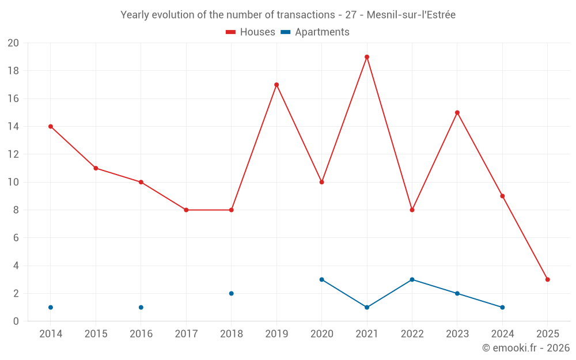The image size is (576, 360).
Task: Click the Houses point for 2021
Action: pos(367,57)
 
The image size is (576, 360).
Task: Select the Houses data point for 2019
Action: pos(276,85)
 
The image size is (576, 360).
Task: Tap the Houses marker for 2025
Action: pos(548,279)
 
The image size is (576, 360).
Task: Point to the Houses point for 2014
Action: pos(51,127)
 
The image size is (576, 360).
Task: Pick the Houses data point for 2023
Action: pos(457,113)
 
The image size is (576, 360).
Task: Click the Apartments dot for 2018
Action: pos(232,293)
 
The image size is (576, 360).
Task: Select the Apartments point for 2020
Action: pos(322,279)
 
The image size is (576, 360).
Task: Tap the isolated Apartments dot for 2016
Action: pos(141,307)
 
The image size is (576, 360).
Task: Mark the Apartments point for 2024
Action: pos(502,307)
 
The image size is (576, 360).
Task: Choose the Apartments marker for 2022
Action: pos(412,279)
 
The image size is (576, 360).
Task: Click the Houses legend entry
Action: pos(251,32)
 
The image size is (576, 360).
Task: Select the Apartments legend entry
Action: pos(315,32)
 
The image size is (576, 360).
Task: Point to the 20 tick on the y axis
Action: pos(13,43)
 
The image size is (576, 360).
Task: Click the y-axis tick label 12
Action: pos(13,154)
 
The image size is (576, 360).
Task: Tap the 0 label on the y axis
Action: pos(16,321)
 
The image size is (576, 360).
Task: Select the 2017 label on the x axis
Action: pos(186,334)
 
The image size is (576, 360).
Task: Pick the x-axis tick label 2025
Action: pos(548,334)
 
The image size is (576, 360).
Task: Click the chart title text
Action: pos(288,15)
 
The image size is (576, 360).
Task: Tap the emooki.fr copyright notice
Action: pos(526,348)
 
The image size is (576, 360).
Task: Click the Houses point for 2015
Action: pos(96,168)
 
